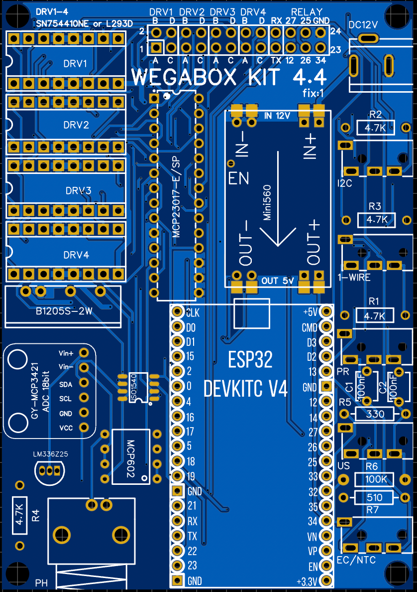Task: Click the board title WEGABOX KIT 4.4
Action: coord(229,78)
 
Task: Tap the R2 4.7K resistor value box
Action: coord(375,128)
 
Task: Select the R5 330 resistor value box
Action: coord(375,414)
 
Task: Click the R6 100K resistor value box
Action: coord(374,479)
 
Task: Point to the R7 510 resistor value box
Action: coord(374,497)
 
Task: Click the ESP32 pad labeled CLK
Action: coord(177,312)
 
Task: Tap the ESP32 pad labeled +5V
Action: coord(326,312)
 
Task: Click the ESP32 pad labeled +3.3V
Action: coord(326,581)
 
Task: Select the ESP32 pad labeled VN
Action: coord(326,536)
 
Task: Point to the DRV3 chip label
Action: coord(78,191)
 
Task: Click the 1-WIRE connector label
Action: coord(354,278)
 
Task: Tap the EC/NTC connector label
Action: coord(356,560)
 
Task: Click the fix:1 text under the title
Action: coord(313,93)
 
